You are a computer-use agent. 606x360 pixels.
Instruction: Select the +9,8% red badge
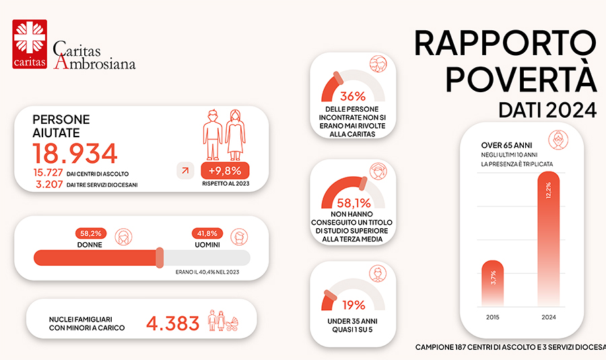point(225,170)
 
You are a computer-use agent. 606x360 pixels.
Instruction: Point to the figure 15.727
point(48,173)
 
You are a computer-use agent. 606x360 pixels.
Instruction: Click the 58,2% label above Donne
point(91,233)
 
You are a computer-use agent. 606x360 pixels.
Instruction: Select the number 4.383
point(172,323)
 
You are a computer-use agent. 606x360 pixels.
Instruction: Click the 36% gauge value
point(352,96)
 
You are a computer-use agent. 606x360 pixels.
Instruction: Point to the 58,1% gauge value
point(352,201)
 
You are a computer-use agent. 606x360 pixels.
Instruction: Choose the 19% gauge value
point(352,304)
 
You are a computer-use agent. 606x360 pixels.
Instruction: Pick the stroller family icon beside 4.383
point(225,322)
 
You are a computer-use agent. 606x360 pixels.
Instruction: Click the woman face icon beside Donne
point(123,238)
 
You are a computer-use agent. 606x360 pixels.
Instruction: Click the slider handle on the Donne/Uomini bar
point(160,257)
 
